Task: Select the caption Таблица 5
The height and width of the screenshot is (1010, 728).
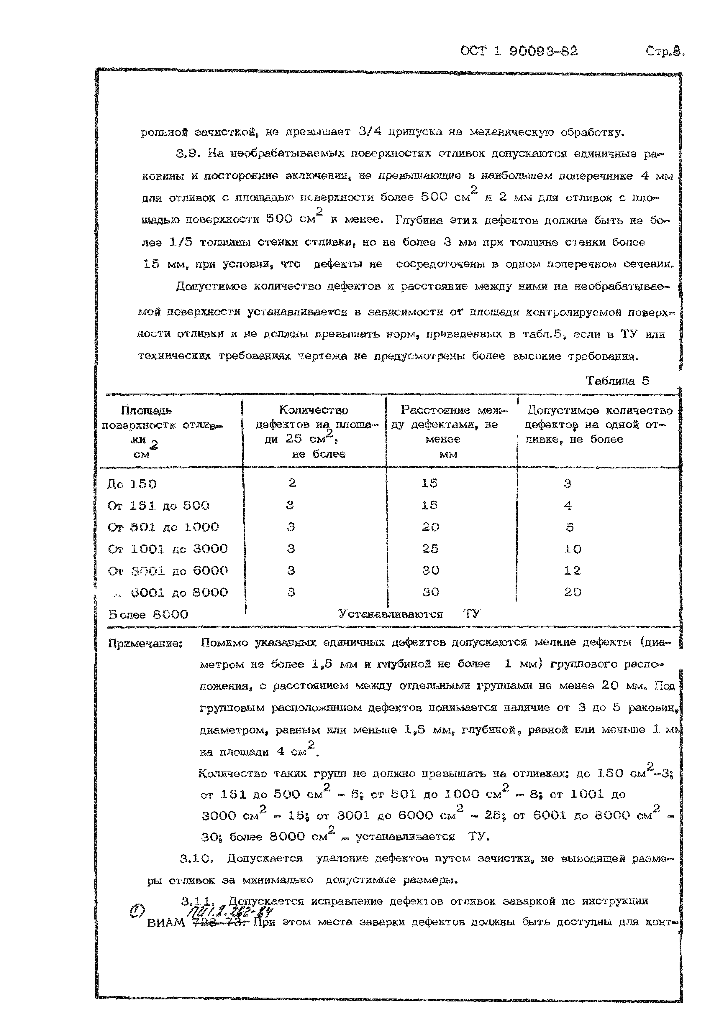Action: click(x=617, y=381)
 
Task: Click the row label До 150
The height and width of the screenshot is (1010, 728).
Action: click(x=132, y=484)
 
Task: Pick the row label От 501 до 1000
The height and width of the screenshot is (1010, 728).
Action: click(x=163, y=527)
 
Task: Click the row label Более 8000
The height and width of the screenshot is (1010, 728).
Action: click(x=148, y=615)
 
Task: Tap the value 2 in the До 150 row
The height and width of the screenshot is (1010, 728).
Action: click(x=292, y=483)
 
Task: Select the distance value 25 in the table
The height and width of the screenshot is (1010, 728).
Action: click(x=430, y=549)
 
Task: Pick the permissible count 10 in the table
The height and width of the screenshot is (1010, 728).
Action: click(x=573, y=549)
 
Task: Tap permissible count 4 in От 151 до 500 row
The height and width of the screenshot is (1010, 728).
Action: click(x=568, y=506)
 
